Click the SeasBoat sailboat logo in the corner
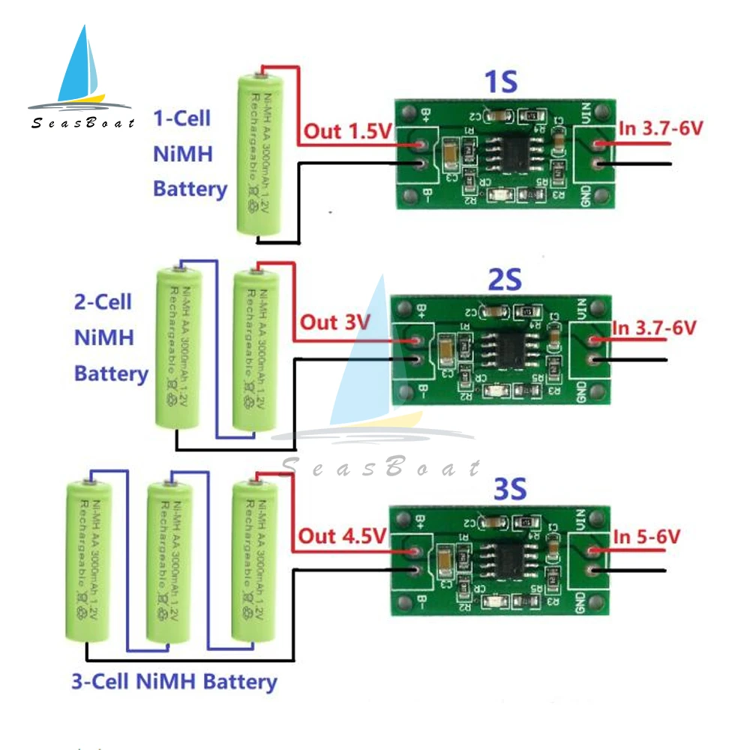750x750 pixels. (81, 79)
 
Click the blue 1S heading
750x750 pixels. (502, 82)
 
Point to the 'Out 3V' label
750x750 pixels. (335, 322)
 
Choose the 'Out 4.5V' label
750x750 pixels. (342, 536)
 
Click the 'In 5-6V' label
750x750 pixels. (646, 536)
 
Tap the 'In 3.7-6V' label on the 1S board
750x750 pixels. (660, 128)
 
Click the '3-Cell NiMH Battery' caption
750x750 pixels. (174, 682)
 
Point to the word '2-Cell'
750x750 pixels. (103, 302)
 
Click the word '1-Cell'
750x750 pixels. (181, 118)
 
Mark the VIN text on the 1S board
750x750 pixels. (587, 116)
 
